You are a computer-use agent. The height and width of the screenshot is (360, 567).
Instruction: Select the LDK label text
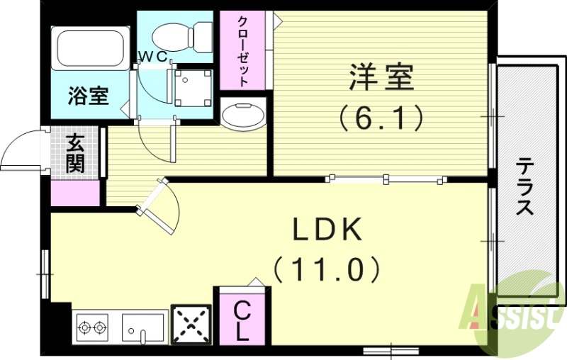(x=329, y=230)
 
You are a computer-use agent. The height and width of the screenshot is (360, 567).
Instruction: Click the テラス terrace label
(x=524, y=186)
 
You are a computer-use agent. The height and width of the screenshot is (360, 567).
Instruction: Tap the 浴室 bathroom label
(x=88, y=95)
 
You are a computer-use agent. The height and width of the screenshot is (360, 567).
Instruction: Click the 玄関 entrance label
(x=76, y=154)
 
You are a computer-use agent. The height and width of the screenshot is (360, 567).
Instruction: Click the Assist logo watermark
(x=513, y=312)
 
